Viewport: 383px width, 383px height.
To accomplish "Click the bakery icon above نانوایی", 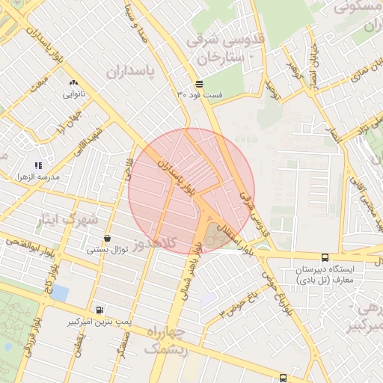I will [73, 83].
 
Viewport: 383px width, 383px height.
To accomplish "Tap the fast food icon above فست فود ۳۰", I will [198, 84].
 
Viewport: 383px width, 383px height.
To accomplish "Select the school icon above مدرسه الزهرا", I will [38, 165].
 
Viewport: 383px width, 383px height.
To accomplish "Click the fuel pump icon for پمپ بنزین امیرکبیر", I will [100, 310].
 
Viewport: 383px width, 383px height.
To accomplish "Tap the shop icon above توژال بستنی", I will [108, 239].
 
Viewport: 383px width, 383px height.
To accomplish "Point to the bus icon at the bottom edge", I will [282, 378].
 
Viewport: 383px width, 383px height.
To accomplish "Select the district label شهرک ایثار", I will [67, 220].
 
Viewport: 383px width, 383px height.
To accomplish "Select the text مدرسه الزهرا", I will [38, 177].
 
